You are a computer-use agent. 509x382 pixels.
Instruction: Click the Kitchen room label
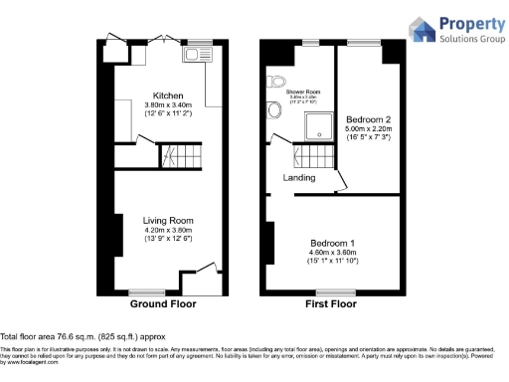pyautogui.click(x=166, y=95)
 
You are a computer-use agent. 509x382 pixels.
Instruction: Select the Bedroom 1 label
pyautogui.click(x=332, y=244)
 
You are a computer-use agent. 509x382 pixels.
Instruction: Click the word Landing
pyautogui.click(x=299, y=178)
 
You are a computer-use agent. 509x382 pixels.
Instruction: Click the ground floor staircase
pyautogui.click(x=181, y=154)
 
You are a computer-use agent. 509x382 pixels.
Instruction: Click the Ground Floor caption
pyautogui.click(x=163, y=303)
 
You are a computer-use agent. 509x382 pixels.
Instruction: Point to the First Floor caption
pyautogui.click(x=330, y=303)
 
